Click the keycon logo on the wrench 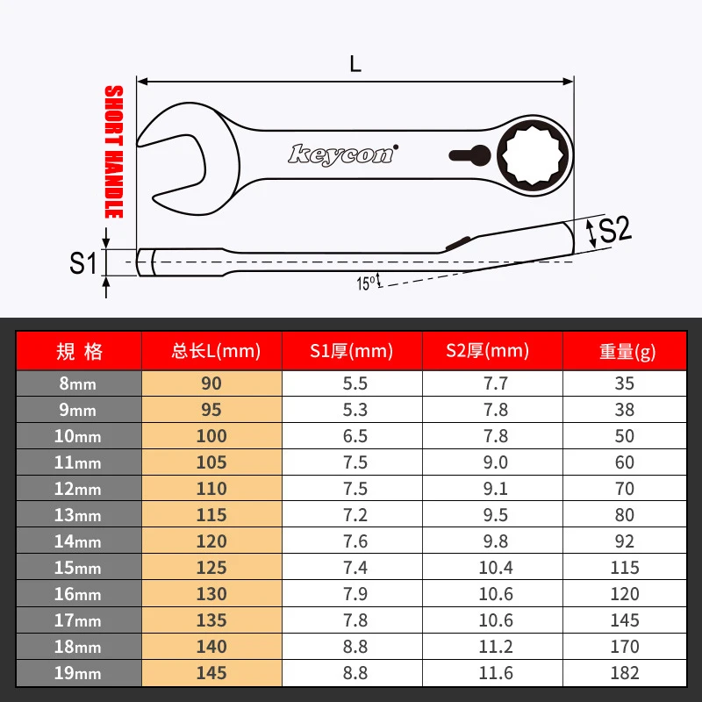pyautogui.click(x=342, y=154)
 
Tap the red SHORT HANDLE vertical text pyautogui.click(x=114, y=152)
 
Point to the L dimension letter pyautogui.click(x=355, y=64)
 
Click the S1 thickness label pyautogui.click(x=82, y=262)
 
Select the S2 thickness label pyautogui.click(x=613, y=230)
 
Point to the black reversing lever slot pyautogui.click(x=469, y=155)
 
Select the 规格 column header pyautogui.click(x=79, y=352)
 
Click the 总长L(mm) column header pyautogui.click(x=211, y=352)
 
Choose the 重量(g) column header pyautogui.click(x=627, y=352)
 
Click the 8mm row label pyautogui.click(x=79, y=383)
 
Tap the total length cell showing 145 pyautogui.click(x=211, y=673)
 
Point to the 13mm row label pyautogui.click(x=79, y=515)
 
